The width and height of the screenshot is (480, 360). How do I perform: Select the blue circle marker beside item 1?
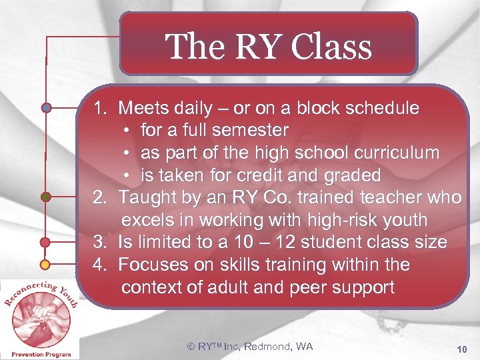[x=46, y=107]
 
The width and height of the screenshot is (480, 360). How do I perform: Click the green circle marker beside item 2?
[x=46, y=197]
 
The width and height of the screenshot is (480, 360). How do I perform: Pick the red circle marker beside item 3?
[x=46, y=242]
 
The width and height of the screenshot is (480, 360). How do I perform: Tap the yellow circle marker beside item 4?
[x=46, y=265]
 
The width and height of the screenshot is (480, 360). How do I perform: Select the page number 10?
[x=462, y=349]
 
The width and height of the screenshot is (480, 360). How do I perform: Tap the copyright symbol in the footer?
[x=191, y=346]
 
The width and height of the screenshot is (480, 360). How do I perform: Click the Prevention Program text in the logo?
[x=41, y=354]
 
